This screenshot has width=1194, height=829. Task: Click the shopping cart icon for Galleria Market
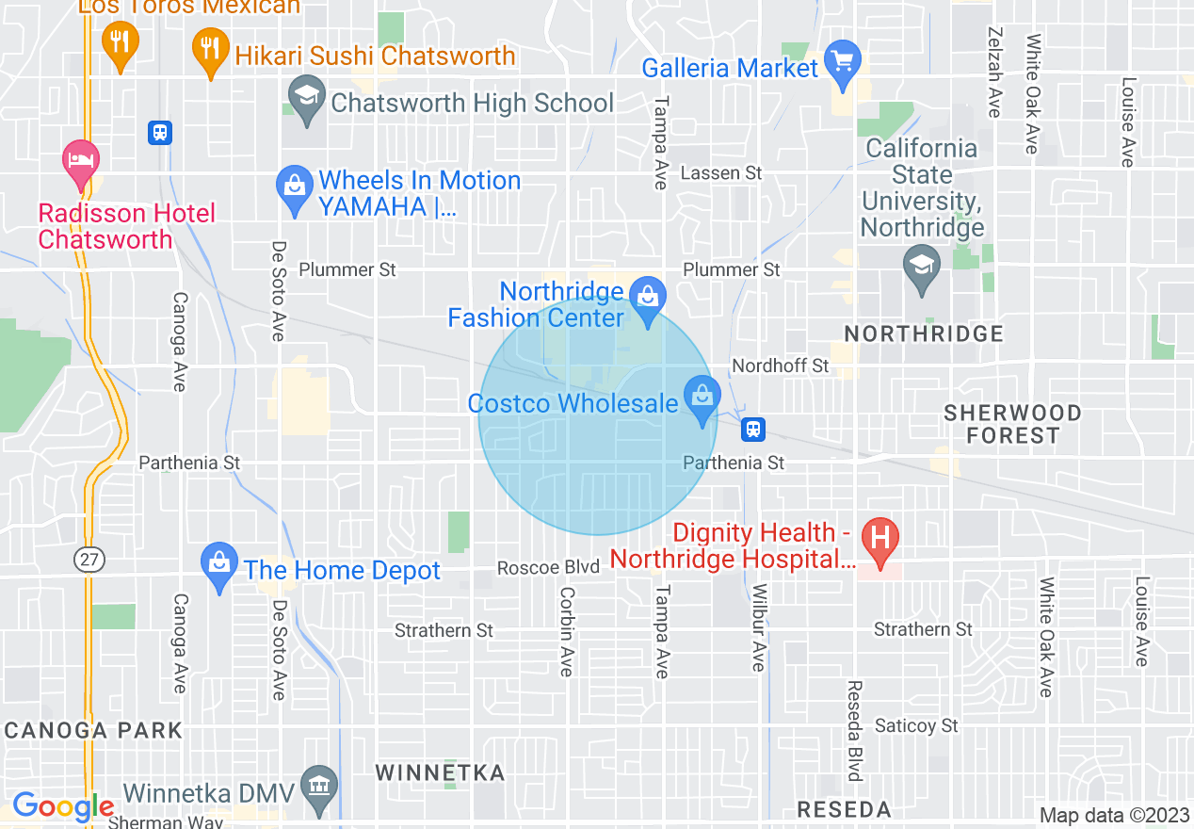tap(842, 61)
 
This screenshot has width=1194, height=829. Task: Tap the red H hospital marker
tap(880, 540)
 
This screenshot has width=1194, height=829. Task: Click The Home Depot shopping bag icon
tap(219, 564)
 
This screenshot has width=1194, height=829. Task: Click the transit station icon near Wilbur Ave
tap(752, 430)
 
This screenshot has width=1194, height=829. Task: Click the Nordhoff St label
tap(781, 366)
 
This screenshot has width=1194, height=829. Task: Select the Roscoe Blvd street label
tap(548, 567)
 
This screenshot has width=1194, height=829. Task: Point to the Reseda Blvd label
tap(855, 731)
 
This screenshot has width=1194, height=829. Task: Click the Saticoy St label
tap(916, 725)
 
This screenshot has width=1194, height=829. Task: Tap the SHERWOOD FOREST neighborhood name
tap(1012, 424)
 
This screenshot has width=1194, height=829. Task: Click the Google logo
tap(63, 806)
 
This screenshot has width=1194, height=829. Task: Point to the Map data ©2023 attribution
tap(1113, 815)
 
